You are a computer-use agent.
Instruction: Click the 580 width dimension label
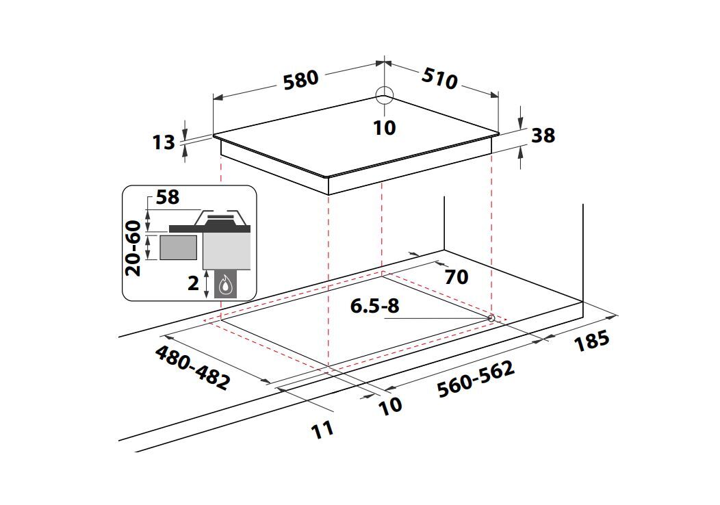300,80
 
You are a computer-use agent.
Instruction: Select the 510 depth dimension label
440,79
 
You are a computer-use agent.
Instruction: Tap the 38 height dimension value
543,135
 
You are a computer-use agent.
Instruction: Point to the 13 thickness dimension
164,142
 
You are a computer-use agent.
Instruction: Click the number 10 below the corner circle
385,128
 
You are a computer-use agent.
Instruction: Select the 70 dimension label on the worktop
457,277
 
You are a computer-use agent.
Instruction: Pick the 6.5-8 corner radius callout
374,306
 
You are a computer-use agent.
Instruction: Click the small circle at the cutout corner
491,318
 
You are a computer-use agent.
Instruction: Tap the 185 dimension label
592,341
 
